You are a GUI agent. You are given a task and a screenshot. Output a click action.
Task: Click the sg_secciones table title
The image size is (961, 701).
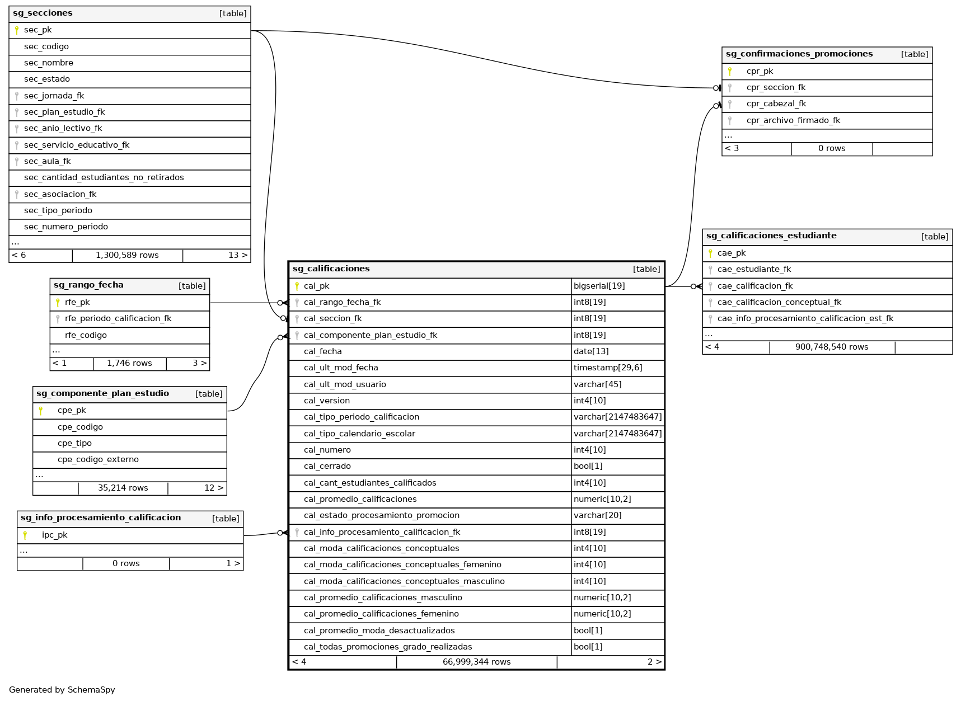coord(43,13)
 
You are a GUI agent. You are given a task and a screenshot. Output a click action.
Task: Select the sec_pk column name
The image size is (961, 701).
coord(38,30)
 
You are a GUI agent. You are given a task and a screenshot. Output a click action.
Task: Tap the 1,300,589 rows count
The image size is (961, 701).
coord(127,256)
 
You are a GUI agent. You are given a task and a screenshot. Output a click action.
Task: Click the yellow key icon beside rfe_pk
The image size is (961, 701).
coord(58,303)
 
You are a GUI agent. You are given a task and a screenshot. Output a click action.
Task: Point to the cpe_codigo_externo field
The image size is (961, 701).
coord(98,460)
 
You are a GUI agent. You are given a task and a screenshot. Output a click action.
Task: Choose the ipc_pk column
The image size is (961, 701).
coord(54,535)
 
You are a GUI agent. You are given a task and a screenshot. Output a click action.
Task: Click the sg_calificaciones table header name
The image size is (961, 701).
coord(331,269)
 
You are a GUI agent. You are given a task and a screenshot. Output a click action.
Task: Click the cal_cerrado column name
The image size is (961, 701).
coord(327,467)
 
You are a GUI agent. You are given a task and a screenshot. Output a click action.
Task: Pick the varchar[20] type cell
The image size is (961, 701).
coord(597,516)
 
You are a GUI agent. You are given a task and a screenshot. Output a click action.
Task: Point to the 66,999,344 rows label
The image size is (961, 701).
coord(476,662)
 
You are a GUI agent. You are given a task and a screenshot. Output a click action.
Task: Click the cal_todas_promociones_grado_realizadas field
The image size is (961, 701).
coord(387,647)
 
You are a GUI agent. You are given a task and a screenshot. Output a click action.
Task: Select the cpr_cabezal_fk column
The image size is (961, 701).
coord(776,104)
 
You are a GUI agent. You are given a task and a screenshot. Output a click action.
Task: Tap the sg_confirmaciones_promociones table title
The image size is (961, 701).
coord(799,54)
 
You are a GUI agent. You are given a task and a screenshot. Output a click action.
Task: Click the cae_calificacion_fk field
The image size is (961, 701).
coord(754,286)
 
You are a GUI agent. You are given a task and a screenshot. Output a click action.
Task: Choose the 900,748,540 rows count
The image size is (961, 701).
coord(831,347)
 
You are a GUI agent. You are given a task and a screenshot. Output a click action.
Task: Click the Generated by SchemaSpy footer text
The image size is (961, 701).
coord(62,690)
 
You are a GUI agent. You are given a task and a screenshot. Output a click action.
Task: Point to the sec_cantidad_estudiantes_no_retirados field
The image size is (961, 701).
coord(104,178)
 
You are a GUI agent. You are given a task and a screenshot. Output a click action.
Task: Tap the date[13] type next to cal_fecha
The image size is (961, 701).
coord(590,352)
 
